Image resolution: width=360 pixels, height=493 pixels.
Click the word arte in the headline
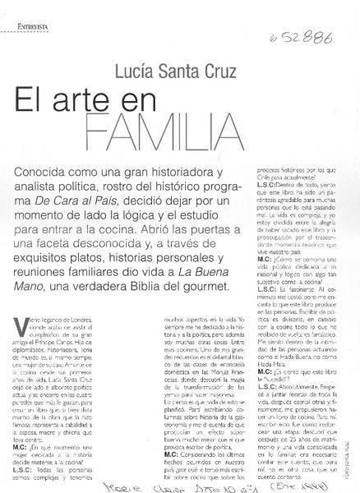point(124,109)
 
